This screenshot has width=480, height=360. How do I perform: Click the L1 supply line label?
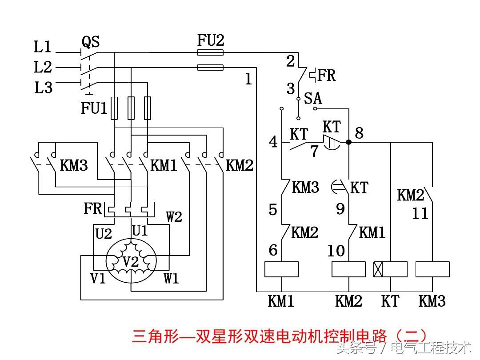click(x=43, y=47)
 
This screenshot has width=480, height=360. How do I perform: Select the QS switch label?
click(x=91, y=42)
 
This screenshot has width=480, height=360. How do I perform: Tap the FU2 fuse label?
click(x=211, y=40)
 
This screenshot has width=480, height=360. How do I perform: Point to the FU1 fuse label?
click(x=94, y=108)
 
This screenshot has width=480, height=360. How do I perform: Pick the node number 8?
click(x=359, y=133)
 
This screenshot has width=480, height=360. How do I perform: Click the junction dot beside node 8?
click(x=349, y=142)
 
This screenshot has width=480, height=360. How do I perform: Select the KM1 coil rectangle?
click(x=282, y=269)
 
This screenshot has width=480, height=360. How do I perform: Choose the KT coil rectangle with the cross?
click(x=390, y=269)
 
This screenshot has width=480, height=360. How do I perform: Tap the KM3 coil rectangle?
click(x=432, y=269)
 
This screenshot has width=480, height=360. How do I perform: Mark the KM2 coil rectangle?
click(x=349, y=269)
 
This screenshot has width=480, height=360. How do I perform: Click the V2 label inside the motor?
click(x=131, y=262)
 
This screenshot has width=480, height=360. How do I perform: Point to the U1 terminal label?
click(x=140, y=231)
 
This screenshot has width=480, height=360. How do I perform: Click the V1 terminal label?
click(x=98, y=279)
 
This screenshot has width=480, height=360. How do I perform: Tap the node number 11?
click(x=420, y=214)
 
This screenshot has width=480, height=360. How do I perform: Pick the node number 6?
click(x=273, y=250)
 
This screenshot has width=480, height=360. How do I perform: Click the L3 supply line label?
click(x=43, y=88)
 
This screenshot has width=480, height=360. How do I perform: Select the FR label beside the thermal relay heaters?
click(x=92, y=208)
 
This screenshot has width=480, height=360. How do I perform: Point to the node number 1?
click(x=248, y=80)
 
